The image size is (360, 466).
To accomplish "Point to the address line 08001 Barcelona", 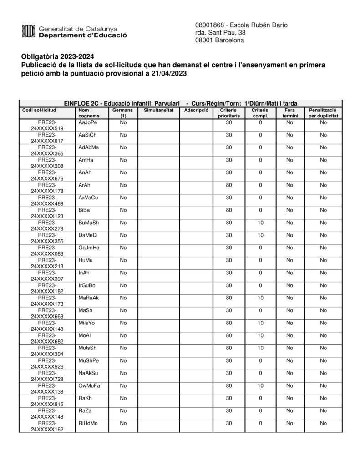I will pos(219,40).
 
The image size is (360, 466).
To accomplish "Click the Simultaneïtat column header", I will pos(158,110).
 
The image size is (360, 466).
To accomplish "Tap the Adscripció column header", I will pos(197,110).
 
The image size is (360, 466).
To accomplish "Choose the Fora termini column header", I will pos(289,113).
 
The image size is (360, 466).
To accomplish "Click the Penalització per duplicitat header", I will pos(323,113).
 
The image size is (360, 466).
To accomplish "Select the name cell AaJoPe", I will pos(87,122).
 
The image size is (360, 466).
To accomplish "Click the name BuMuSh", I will pos(88,223).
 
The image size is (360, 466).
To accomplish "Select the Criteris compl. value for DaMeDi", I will pos(260,235).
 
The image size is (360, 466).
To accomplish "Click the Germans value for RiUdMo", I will pos(123,423).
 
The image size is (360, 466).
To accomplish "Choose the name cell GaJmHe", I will pos(89,248).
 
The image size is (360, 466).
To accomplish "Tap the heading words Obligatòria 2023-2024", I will pos(58,57).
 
